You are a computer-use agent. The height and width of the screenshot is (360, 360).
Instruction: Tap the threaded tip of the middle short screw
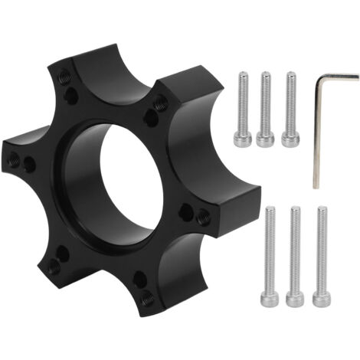(266, 77)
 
